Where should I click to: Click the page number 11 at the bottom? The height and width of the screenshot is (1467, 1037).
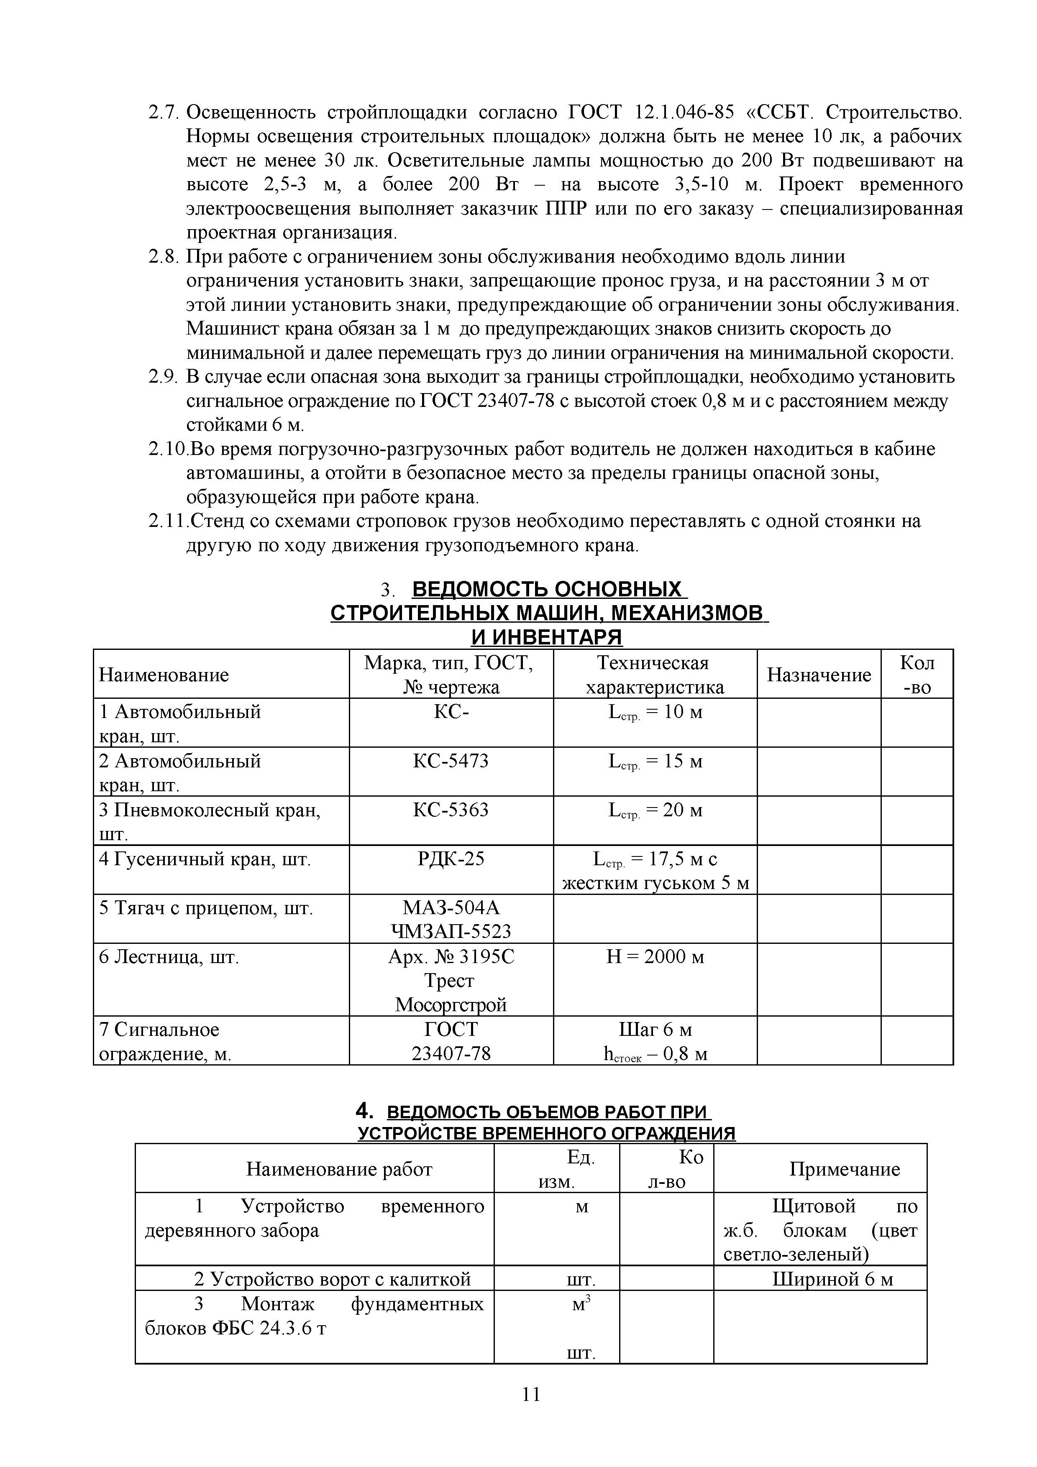531,1413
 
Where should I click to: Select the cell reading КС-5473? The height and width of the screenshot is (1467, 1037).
451,761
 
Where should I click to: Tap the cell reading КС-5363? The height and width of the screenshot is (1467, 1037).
451,810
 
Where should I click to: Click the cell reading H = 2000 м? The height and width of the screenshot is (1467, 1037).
655,957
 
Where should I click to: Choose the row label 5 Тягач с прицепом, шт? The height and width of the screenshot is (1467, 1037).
206,908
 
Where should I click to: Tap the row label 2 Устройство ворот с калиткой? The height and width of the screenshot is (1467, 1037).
332,1279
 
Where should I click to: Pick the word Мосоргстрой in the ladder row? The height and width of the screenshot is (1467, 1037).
451,1005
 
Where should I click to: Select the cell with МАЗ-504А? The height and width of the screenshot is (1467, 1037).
451,908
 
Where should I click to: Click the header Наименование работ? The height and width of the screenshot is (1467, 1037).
339,1169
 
